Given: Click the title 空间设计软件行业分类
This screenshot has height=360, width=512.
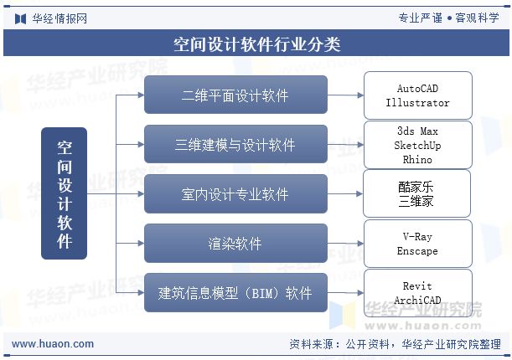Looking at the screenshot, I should [256, 44].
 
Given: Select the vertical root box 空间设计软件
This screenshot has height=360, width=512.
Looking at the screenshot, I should [65, 193].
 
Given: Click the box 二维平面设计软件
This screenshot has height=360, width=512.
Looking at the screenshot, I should [235, 95].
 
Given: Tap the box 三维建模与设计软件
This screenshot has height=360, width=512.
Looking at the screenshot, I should [235, 145].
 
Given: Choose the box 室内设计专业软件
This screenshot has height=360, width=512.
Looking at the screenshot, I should [235, 194].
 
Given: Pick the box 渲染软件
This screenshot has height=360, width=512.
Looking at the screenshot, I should [235, 244].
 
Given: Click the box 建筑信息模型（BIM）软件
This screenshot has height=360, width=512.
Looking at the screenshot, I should [235, 293].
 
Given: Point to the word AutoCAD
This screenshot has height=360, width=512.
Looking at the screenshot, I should [417, 89].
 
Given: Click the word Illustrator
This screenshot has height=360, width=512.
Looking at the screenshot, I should [417, 103].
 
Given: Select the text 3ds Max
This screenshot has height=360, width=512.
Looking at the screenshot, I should [417, 131].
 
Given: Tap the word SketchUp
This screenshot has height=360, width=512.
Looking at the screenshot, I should [417, 145].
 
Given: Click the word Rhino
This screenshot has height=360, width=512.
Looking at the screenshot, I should [417, 158].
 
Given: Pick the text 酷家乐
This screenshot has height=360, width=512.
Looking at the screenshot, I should [416, 187].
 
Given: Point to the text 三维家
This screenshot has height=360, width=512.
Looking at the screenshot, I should [416, 201].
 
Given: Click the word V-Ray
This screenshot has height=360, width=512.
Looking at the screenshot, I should [417, 237].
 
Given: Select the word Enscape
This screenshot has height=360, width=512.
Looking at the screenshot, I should [417, 250].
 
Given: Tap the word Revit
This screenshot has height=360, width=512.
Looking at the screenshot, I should [417, 286].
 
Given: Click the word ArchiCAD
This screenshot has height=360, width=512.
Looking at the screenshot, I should [417, 300].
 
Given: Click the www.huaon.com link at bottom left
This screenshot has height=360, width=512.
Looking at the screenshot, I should [53, 344].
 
